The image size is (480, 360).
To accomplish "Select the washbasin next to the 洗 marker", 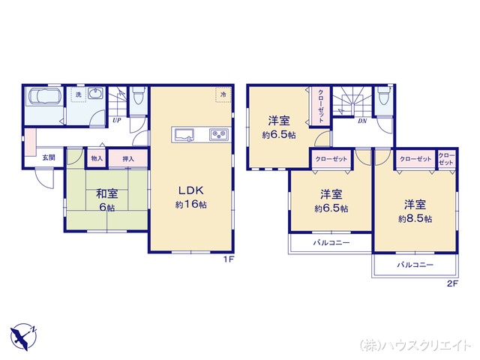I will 96,94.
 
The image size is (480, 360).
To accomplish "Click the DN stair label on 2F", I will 362,121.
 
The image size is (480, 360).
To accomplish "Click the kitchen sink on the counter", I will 184,135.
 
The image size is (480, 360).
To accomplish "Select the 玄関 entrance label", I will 49,157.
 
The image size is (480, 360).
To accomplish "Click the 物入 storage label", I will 97,159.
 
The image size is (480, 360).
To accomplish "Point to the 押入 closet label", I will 128,159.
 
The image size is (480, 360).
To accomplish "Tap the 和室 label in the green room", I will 105,192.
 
